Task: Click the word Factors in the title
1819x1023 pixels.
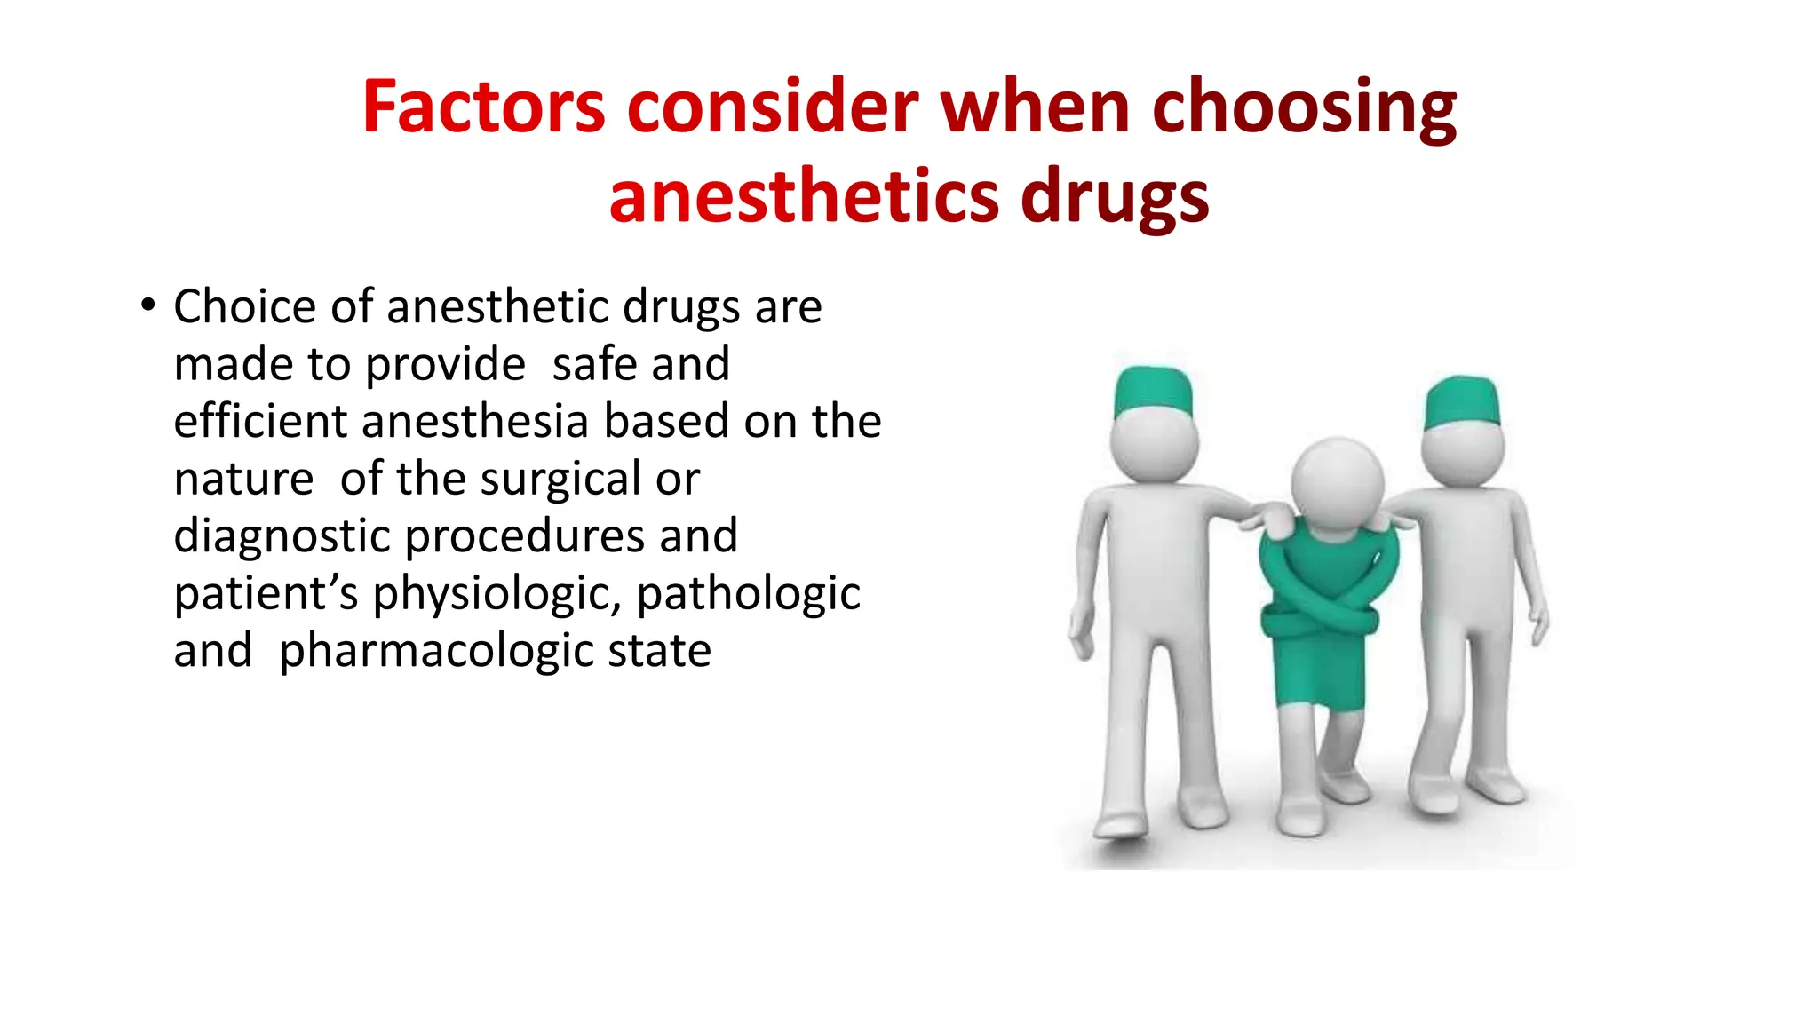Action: tap(483, 107)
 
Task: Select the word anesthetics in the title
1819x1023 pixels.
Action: tap(803, 197)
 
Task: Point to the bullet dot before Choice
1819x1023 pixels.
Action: tap(147, 305)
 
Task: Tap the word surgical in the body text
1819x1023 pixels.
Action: tap(560, 480)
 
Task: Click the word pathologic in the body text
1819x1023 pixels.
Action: tap(748, 595)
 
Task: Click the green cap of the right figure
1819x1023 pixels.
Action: tap(1461, 402)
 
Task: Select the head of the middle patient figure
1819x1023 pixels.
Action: tap(1337, 485)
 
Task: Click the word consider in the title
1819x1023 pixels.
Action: tap(772, 107)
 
